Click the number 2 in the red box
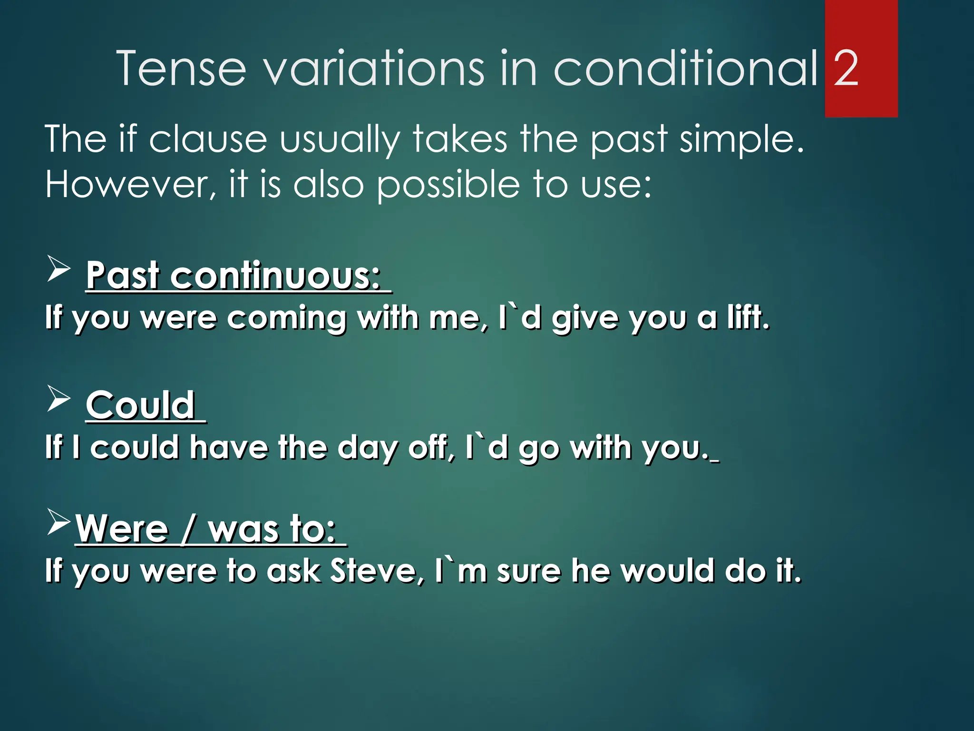pos(846,69)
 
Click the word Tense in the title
pos(181,69)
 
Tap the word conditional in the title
pos(685,69)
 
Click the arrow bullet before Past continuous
pos(58,269)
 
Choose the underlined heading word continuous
pos(276,276)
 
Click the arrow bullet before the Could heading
pos(58,399)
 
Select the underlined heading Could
pos(141,405)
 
